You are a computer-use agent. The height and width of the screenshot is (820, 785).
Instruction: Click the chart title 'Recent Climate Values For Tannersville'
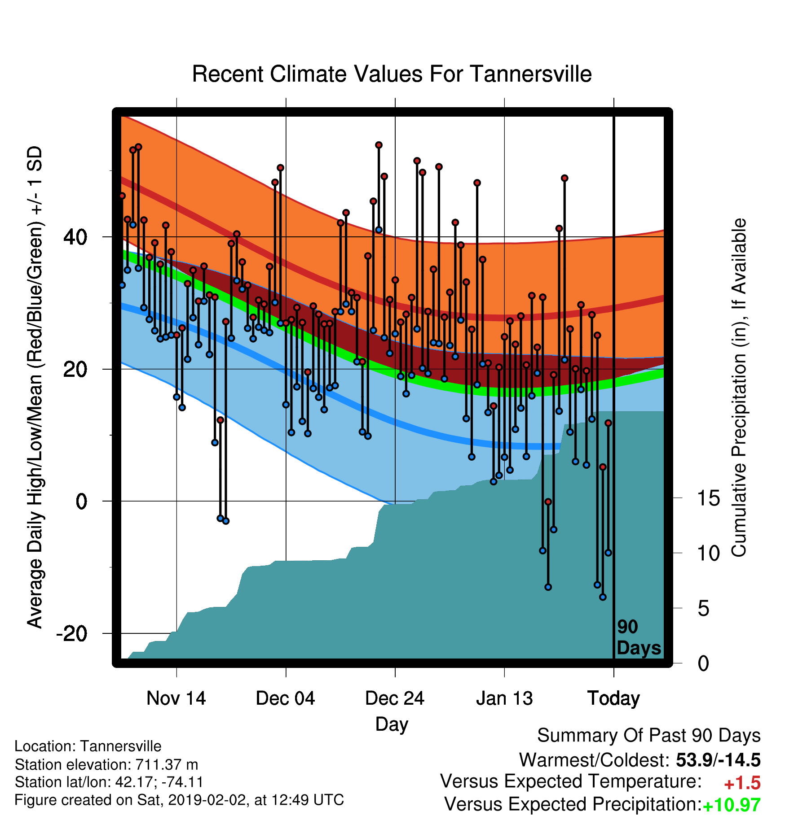[x=392, y=74]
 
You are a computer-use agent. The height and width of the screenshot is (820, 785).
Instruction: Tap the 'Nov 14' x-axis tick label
[x=176, y=698]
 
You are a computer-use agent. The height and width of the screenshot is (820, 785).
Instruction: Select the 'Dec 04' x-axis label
[x=286, y=698]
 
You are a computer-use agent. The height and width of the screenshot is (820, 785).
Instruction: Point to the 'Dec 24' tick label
[x=395, y=698]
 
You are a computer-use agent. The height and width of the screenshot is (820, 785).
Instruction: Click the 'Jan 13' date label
[x=504, y=698]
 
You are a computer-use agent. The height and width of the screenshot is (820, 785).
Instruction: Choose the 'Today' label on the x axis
[x=613, y=698]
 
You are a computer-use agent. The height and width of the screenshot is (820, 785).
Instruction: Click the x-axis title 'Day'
[x=392, y=724]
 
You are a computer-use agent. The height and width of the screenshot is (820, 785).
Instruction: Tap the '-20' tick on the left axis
[x=72, y=633]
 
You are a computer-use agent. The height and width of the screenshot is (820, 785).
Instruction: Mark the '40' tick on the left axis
[x=75, y=237]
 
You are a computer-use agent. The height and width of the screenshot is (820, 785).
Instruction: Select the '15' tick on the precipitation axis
[x=708, y=498]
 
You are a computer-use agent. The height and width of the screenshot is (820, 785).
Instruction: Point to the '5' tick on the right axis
[x=703, y=609]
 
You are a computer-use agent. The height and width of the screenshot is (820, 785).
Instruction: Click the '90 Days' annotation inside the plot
[x=639, y=637]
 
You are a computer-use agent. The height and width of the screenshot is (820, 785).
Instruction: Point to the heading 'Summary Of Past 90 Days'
[x=649, y=736]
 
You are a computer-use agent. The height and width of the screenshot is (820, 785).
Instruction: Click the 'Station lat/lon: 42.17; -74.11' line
[x=109, y=782]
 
